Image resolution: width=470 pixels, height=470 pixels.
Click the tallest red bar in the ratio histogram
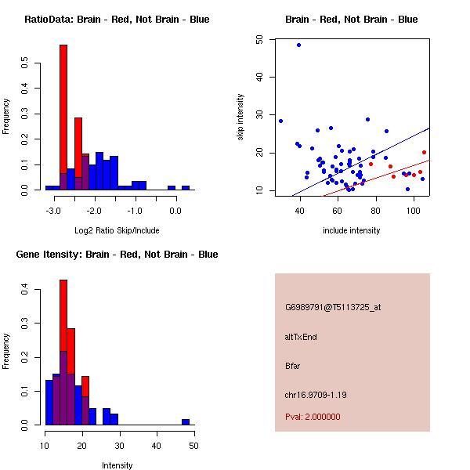63,117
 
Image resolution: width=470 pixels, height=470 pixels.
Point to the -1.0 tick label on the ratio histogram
134,210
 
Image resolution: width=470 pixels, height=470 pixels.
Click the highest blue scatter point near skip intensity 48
298,45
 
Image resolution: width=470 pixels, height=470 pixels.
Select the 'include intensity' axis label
351,230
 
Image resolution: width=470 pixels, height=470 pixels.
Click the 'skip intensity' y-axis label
240,117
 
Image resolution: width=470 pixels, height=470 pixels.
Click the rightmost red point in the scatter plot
424,153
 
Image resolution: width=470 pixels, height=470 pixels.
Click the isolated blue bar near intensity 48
186,421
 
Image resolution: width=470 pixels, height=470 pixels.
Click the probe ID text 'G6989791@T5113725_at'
333,308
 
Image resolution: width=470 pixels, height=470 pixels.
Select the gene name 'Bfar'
293,365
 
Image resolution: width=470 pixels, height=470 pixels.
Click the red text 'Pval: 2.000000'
313,417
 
